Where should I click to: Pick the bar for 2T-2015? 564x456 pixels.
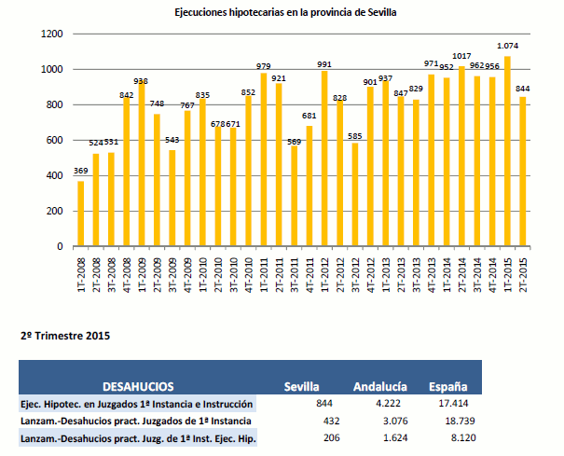click(522, 172)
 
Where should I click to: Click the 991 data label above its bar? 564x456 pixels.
click(323, 64)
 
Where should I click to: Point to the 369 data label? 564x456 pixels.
click(80, 173)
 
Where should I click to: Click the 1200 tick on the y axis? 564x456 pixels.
click(52, 35)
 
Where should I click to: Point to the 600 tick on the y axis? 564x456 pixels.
click(55, 141)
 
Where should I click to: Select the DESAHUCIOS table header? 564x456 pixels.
click(138, 386)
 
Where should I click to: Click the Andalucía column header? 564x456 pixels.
click(379, 386)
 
